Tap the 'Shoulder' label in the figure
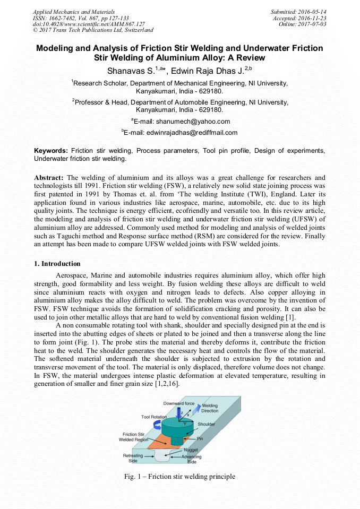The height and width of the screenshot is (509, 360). point(206,425)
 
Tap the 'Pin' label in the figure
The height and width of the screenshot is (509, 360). point(200,439)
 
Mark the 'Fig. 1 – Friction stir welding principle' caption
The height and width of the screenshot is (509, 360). point(179,477)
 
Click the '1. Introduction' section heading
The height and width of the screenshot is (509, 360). point(57,264)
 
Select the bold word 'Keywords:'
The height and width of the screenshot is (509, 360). point(51,151)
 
